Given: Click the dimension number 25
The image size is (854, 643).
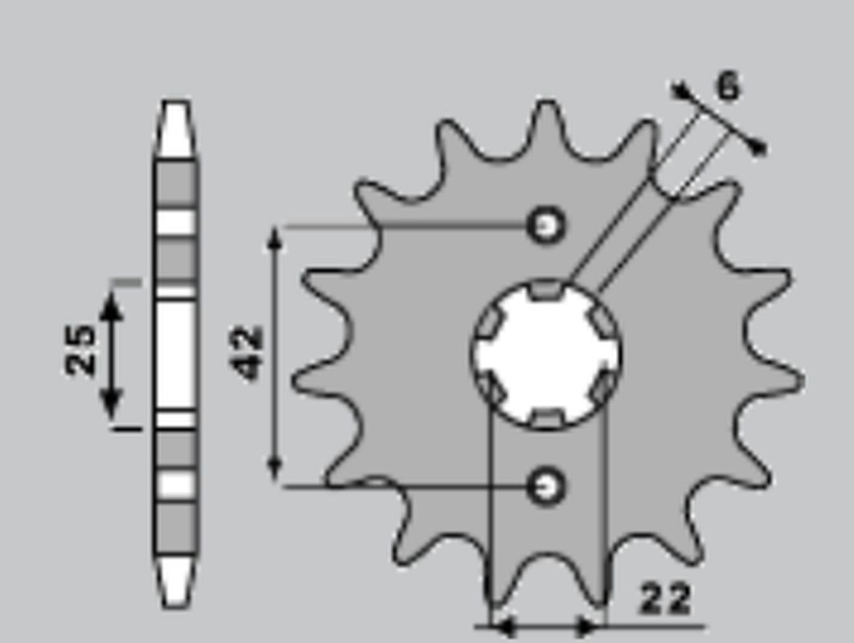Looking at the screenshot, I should pos(80,350).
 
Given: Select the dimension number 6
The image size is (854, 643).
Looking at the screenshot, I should pos(727,87).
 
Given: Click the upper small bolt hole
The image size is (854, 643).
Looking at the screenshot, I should pos(546,226).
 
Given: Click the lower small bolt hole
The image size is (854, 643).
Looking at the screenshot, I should pos(546,485).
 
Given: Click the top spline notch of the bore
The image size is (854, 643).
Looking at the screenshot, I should pos(547,288).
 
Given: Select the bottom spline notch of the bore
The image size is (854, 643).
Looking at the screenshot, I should pos(547,417).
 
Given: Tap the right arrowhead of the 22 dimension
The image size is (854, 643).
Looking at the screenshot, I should pos(591,625).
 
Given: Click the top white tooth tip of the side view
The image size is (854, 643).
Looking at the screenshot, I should pos(175,129).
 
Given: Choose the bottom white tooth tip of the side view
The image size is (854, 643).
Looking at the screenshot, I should pos(175,580).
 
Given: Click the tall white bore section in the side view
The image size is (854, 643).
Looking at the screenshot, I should pos(175,354).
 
